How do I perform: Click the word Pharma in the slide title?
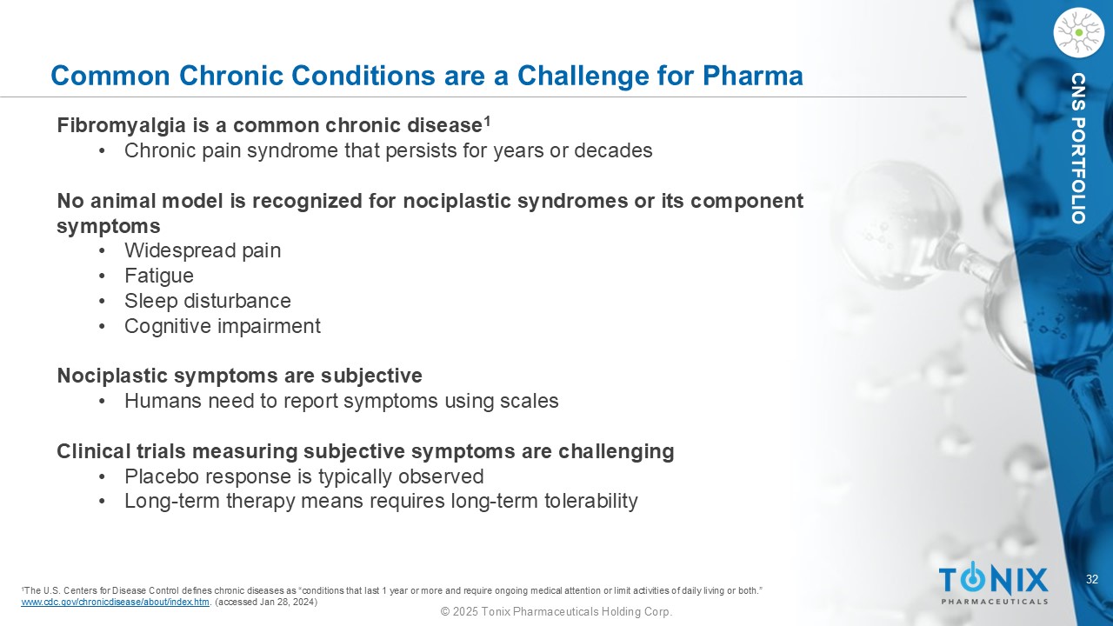point(753,76)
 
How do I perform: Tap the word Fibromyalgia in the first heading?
point(122,126)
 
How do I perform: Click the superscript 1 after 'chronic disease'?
point(488,121)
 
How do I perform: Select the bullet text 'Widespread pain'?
point(203,250)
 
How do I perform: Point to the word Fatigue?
point(159,276)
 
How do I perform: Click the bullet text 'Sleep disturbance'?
point(208,301)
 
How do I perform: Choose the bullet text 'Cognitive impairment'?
point(222,326)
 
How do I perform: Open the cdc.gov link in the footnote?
point(116,603)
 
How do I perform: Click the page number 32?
point(1092,579)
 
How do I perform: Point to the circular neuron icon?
point(1079,33)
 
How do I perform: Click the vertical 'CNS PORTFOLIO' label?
point(1078,148)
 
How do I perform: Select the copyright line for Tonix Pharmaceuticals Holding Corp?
point(556,612)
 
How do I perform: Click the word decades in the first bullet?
point(613,150)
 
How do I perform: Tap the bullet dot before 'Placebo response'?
point(103,477)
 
